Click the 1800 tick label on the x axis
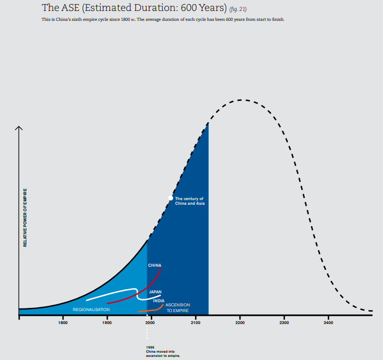click(x=63, y=323)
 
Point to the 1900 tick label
click(x=107, y=323)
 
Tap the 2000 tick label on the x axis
click(x=150, y=323)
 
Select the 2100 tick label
click(x=196, y=323)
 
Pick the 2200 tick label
click(x=240, y=323)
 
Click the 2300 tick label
click(x=284, y=323)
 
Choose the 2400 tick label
click(x=328, y=323)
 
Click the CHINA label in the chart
click(x=155, y=265)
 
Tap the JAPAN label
click(x=156, y=292)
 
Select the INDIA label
click(x=159, y=301)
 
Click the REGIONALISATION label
click(x=91, y=309)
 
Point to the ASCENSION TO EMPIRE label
click(x=177, y=307)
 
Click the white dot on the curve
click(x=171, y=198)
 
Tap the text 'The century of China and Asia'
click(x=190, y=201)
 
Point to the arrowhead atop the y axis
click(x=19, y=127)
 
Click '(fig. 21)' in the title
click(x=238, y=9)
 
